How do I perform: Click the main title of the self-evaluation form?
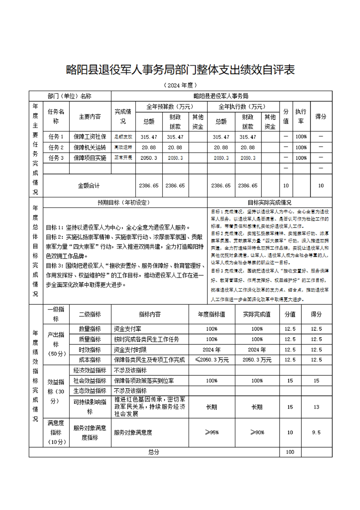pyautogui.click(x=180, y=70)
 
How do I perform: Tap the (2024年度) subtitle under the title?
pyautogui.click(x=180, y=85)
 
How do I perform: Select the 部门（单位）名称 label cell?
pyautogui.click(x=70, y=96)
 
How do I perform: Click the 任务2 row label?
pyautogui.click(x=56, y=147)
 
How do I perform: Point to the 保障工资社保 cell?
pyautogui.click(x=90, y=136)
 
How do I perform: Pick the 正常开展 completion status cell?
pyautogui.click(x=123, y=158)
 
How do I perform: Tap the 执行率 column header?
pyautogui.click(x=300, y=116)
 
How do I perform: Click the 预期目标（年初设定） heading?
pyautogui.click(x=124, y=202)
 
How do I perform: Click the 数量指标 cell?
pyautogui.click(x=90, y=329)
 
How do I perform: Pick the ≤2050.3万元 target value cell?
pyautogui.click(x=212, y=360)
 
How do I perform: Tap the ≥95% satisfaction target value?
pyautogui.click(x=212, y=432)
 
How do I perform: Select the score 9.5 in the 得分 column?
pyautogui.click(x=316, y=432)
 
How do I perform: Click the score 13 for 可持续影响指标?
pyautogui.click(x=316, y=407)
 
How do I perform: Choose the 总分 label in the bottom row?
pyautogui.click(x=154, y=452)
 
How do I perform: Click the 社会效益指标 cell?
pyautogui.click(x=90, y=380)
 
